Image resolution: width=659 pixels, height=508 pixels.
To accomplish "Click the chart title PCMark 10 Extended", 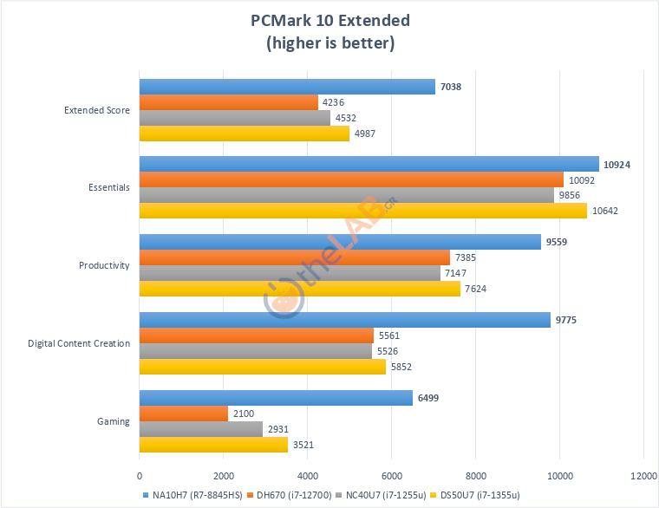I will coord(329,21).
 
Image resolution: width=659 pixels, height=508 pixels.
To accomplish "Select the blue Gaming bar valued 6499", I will coord(276,398).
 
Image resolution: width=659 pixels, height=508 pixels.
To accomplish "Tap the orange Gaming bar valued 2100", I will coord(184,414).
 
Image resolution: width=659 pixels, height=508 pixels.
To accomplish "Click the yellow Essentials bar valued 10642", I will coord(363,211).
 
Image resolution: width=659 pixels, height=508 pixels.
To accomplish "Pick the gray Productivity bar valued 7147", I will coord(290,273).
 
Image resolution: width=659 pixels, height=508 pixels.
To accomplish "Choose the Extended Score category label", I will coord(97,110).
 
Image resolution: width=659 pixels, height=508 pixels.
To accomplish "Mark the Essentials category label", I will coord(109,187).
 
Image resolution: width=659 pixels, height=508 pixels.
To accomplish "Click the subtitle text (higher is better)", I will coord(329,42).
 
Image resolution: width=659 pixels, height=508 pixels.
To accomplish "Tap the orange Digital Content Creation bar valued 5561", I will coord(257,335).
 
